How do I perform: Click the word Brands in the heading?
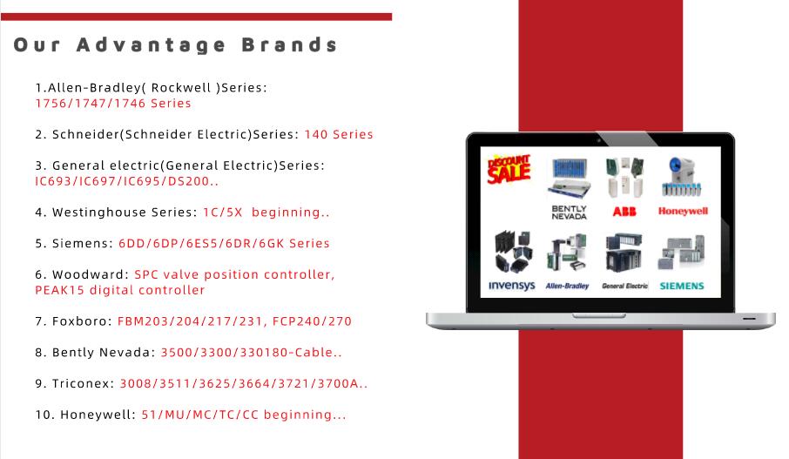pyautogui.click(x=289, y=44)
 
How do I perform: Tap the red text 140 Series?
pyautogui.click(x=339, y=134)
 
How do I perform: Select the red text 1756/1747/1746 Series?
pyautogui.click(x=113, y=103)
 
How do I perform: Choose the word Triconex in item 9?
pyautogui.click(x=83, y=383)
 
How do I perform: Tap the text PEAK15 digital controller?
pyautogui.click(x=120, y=290)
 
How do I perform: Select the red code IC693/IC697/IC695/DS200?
pyautogui.click(x=127, y=181)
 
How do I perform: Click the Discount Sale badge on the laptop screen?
pyautogui.click(x=509, y=169)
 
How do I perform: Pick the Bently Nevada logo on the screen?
pyautogui.click(x=569, y=213)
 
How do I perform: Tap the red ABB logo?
pyautogui.click(x=624, y=212)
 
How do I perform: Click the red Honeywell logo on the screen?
pyautogui.click(x=683, y=211)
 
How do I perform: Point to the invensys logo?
pyautogui.click(x=512, y=286)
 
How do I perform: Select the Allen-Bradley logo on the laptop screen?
pyautogui.click(x=567, y=286)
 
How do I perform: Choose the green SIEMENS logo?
pyautogui.click(x=682, y=286)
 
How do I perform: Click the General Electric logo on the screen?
pyautogui.click(x=625, y=286)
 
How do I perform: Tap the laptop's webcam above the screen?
pyautogui.click(x=599, y=140)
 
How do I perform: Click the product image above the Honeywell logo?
pyautogui.click(x=682, y=177)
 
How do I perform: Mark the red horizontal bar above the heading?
pyautogui.click(x=196, y=17)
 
